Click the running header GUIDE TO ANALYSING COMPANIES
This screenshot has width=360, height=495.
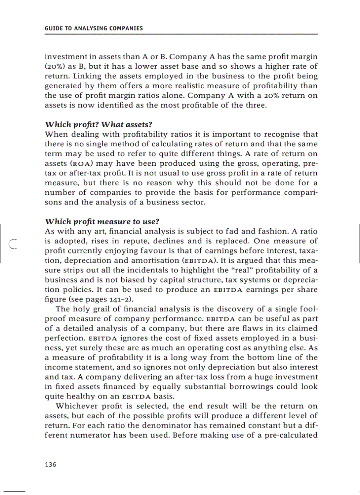[x=94, y=29]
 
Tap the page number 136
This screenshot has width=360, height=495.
[x=51, y=465]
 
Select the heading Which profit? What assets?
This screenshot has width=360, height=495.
[x=101, y=125]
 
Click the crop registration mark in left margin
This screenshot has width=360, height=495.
[x=13, y=243]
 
